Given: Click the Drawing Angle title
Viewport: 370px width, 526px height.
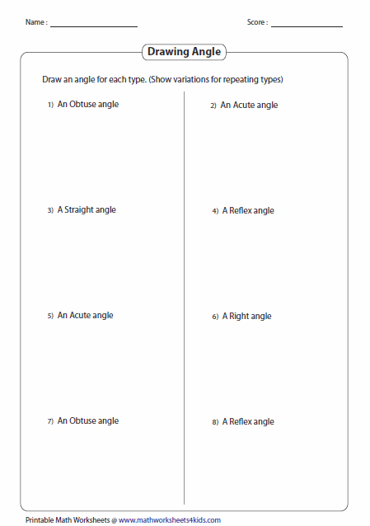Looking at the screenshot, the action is (184, 52).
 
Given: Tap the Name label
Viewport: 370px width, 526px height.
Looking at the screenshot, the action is (35, 22).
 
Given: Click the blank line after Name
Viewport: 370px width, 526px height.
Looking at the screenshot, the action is (93, 26).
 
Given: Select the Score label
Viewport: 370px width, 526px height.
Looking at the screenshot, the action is (256, 22).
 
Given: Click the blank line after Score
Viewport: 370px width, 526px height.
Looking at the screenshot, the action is (307, 26).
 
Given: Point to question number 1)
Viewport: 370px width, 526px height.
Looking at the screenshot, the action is (50, 106).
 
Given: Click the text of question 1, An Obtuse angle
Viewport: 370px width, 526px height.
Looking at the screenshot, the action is (88, 105).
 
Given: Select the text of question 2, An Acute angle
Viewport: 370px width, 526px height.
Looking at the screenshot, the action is (249, 106).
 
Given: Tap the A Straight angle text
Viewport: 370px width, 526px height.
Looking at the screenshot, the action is (87, 210).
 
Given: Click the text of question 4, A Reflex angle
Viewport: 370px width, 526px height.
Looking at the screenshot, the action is (248, 211).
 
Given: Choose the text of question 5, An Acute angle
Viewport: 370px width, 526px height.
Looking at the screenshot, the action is (86, 316).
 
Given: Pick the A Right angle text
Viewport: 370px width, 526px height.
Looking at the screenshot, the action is (246, 317).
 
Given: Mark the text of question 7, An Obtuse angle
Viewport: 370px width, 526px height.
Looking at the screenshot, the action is (88, 421).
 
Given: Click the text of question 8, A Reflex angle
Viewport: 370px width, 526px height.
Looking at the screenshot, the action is (248, 422).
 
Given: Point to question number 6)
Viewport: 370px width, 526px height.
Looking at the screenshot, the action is (214, 317).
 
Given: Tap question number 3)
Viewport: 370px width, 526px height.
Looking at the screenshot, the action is (50, 211).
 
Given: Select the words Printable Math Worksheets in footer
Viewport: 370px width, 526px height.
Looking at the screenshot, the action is (68, 520).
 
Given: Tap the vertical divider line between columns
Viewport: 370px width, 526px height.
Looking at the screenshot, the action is (184, 297).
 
